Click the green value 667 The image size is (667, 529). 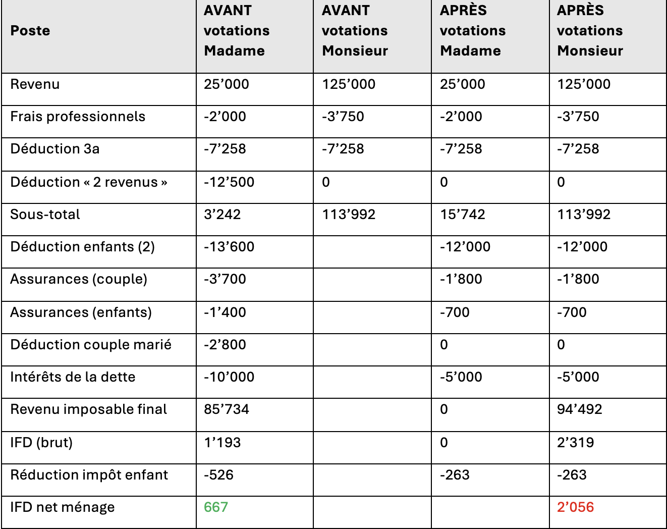pyautogui.click(x=216, y=507)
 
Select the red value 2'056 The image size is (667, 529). pyautogui.click(x=575, y=507)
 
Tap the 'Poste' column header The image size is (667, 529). pyautogui.click(x=30, y=31)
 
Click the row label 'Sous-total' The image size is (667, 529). pyautogui.click(x=45, y=215)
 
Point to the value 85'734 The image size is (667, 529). pyautogui.click(x=227, y=409)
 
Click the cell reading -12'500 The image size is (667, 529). pyautogui.click(x=229, y=182)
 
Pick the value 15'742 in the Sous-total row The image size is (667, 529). pyautogui.click(x=462, y=215)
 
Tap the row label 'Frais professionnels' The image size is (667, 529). pyautogui.click(x=78, y=117)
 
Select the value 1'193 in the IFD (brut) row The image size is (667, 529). pyautogui.click(x=223, y=442)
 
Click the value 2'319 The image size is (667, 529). pyautogui.click(x=576, y=442)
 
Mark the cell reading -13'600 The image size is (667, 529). pyautogui.click(x=229, y=247)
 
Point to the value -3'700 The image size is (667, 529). pyautogui.click(x=225, y=279)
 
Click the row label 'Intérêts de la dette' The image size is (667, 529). pyautogui.click(x=73, y=377)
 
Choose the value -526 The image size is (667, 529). pyautogui.click(x=219, y=474)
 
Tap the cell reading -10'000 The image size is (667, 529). pyautogui.click(x=229, y=377)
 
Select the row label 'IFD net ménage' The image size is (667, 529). pyautogui.click(x=63, y=507)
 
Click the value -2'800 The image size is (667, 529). pyautogui.click(x=225, y=345)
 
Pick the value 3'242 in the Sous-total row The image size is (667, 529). pyautogui.click(x=223, y=215)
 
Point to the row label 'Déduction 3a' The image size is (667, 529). pyautogui.click(x=55, y=149)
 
